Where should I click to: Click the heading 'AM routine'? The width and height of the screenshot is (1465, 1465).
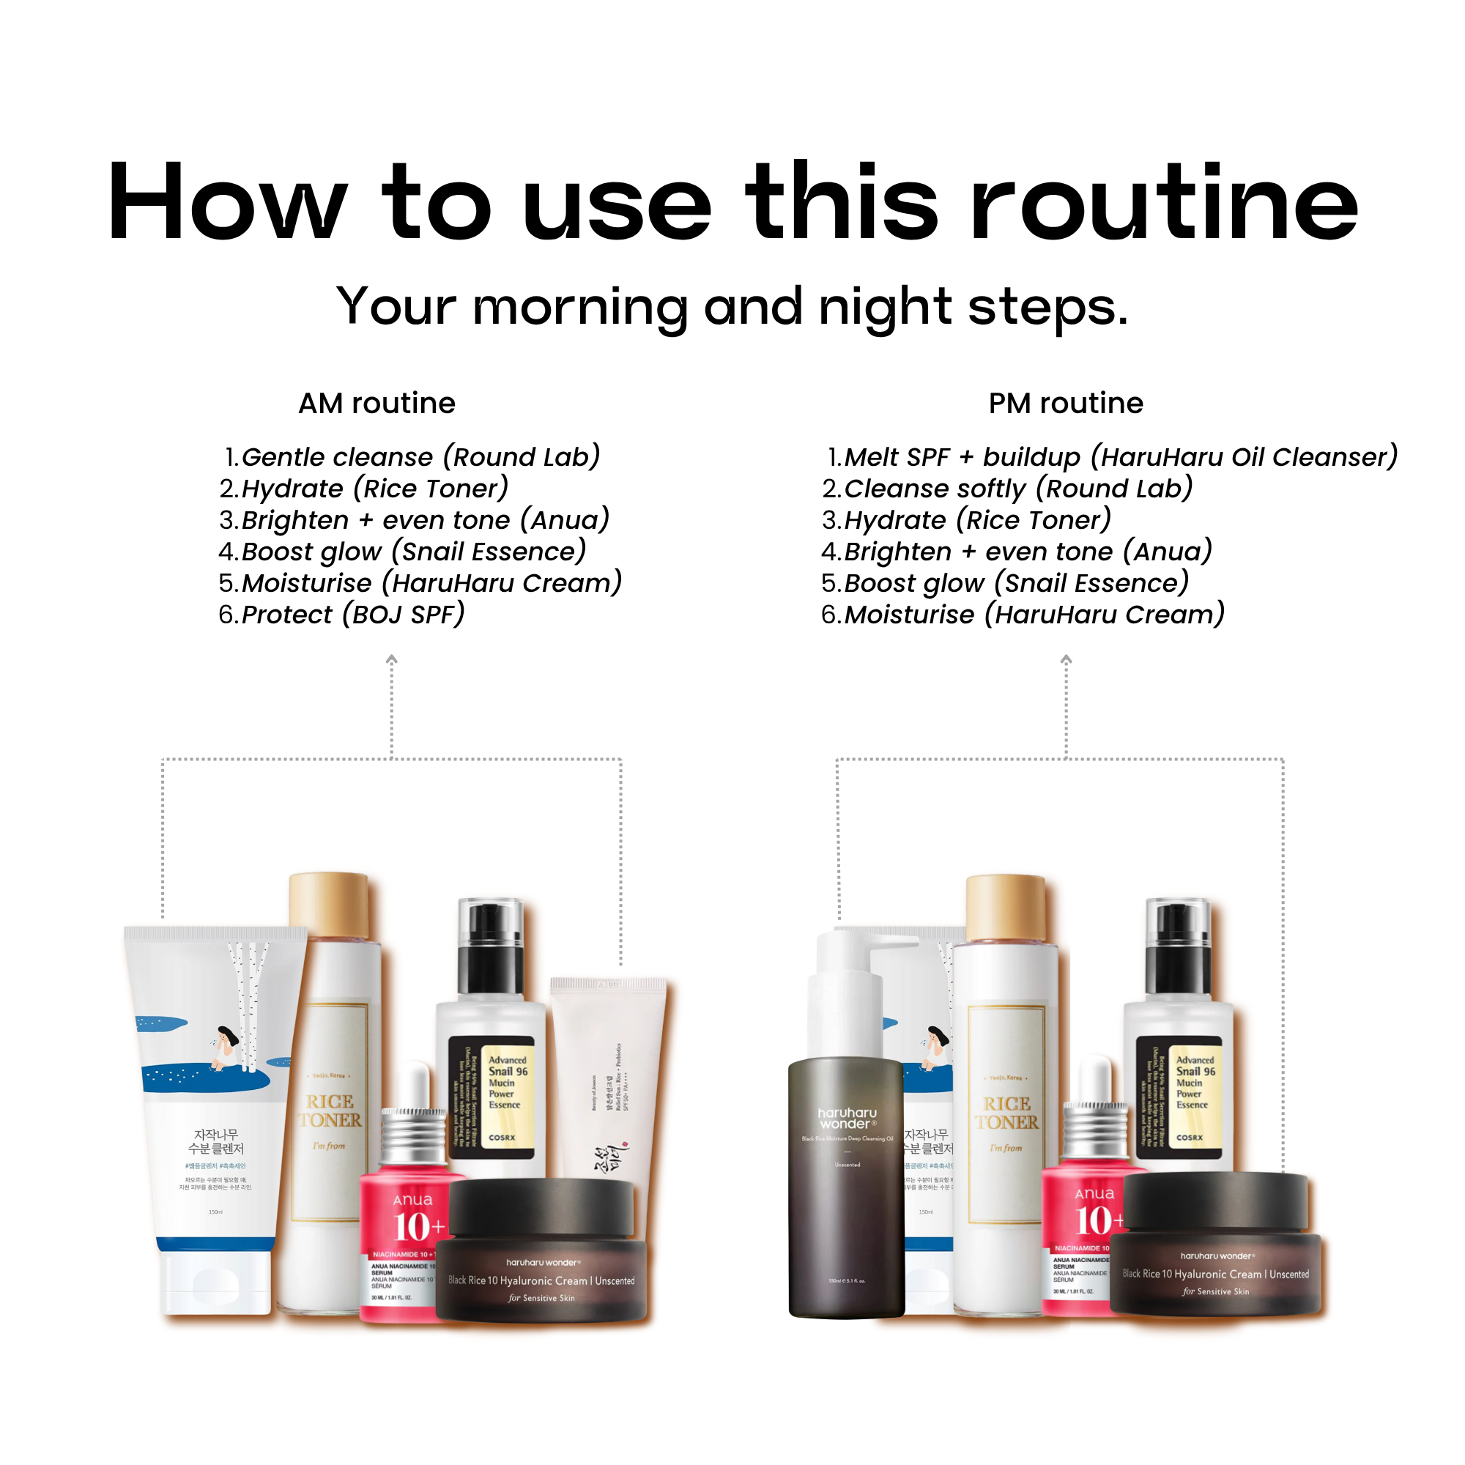(x=377, y=404)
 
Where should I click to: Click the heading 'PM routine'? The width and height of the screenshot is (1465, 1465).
(x=1065, y=404)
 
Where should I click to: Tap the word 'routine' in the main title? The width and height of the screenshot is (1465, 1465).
(x=1164, y=203)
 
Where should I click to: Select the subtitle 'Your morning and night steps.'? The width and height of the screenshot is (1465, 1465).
(x=732, y=307)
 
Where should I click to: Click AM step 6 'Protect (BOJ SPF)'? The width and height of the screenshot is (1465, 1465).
(x=341, y=615)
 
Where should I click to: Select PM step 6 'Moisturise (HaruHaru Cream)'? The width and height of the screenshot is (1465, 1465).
(x=1024, y=615)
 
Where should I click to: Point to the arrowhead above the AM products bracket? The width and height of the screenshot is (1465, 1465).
(x=391, y=660)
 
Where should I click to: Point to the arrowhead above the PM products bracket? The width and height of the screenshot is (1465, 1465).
(x=1065, y=660)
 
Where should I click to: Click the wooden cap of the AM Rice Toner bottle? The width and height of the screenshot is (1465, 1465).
(x=329, y=904)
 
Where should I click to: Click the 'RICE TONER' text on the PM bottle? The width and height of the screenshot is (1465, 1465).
(x=1006, y=1113)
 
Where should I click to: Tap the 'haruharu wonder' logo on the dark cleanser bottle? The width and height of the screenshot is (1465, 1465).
(x=847, y=1118)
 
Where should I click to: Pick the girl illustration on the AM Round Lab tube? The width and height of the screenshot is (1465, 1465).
(x=225, y=1047)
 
